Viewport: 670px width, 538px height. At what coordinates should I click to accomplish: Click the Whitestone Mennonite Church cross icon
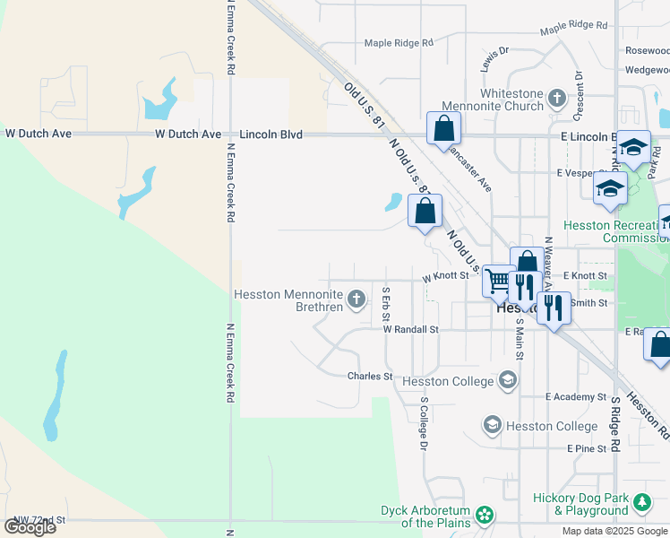click(556, 97)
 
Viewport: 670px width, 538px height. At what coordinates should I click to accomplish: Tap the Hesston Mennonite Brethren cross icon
click(356, 299)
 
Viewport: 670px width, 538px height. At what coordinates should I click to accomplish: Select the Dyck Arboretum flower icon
click(485, 515)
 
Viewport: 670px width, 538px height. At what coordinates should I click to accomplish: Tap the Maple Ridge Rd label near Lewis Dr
click(399, 42)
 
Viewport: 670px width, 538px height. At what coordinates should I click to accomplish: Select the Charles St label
click(370, 377)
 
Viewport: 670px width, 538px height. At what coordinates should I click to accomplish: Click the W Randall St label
click(410, 329)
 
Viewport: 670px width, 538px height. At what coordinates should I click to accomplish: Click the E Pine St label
click(587, 447)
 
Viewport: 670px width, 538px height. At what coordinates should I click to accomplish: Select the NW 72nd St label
click(33, 519)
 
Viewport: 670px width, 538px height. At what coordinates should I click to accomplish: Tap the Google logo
click(30, 527)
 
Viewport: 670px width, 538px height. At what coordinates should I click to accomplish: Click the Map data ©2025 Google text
click(615, 531)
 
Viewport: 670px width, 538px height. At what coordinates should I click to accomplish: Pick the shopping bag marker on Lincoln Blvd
click(443, 128)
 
